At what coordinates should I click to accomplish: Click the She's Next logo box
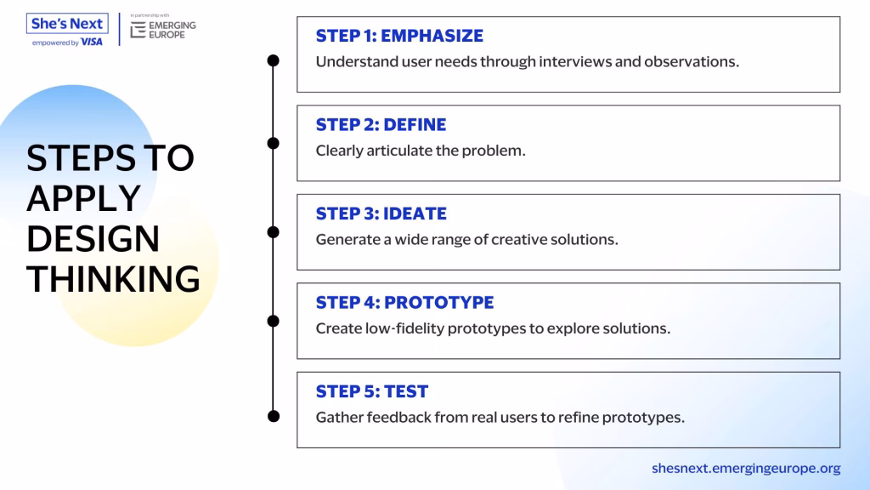coord(67,23)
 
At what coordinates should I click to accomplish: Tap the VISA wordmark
coord(92,43)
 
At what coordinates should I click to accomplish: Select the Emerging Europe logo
coord(163,30)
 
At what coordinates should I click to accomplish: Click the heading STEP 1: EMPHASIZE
coord(399,36)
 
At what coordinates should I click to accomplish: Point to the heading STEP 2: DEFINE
coord(381,124)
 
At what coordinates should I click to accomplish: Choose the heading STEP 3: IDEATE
coord(381,214)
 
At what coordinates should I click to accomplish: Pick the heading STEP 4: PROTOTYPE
coord(404,302)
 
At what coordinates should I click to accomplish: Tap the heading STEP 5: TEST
coord(372,391)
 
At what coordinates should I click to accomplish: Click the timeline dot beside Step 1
coord(273,60)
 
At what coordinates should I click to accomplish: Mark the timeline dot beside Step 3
coord(273,232)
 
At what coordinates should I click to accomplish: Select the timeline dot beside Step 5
coord(273,416)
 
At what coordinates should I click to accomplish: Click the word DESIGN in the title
coord(93,239)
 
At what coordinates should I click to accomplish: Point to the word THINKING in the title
coord(113,279)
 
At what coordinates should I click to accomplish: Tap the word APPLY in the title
coord(84,198)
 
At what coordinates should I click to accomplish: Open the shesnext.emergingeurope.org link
coord(746,469)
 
